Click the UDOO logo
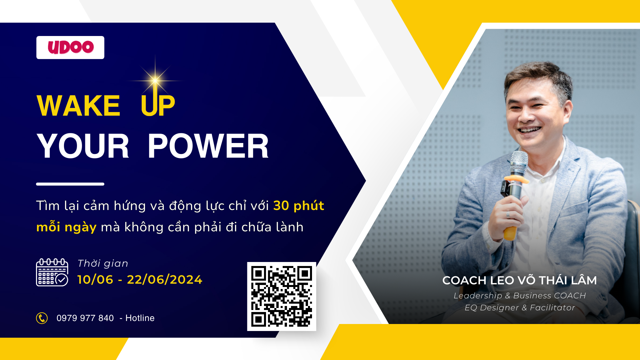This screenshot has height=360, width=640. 70,47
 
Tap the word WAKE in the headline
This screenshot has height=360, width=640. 78,106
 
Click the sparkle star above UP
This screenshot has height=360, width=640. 155,80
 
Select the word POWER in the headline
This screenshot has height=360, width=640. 208,146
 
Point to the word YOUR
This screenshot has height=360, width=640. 83,146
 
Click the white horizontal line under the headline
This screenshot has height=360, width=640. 70,184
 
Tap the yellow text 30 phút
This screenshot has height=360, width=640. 299,206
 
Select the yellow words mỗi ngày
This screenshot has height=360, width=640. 66,227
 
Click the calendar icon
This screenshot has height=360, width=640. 52,272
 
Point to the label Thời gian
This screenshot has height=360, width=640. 103,263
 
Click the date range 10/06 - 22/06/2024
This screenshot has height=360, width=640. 140,279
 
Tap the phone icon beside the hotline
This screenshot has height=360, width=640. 42,318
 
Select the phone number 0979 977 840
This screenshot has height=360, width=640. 85,318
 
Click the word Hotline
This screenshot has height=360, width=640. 140,318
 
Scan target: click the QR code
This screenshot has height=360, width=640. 282,296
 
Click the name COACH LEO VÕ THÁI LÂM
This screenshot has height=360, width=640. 519,280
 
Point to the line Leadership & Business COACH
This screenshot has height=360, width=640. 520,296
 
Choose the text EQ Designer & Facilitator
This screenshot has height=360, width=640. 520,308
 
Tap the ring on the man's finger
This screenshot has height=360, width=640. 508,215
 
